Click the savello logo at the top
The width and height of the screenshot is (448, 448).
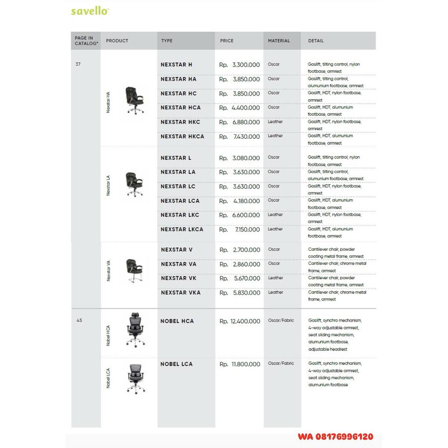[x=90, y=11]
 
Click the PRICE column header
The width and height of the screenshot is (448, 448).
[x=227, y=41]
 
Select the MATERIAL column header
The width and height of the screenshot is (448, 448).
[x=279, y=41]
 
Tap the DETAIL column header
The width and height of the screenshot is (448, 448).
[x=316, y=41]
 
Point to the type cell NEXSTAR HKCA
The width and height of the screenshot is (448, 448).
[x=182, y=136]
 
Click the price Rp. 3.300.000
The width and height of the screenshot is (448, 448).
[x=240, y=65]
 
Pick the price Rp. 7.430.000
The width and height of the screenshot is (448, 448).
[x=240, y=136]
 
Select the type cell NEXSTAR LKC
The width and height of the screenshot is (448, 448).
[x=180, y=215]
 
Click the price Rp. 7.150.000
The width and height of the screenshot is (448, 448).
[x=240, y=229]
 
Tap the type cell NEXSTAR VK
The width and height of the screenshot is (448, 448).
[x=179, y=279]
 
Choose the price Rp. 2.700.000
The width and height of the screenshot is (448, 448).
[x=240, y=250]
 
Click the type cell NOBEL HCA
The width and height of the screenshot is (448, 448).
[x=177, y=321]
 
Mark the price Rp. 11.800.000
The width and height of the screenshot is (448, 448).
[x=240, y=364]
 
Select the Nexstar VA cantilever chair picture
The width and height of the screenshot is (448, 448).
[x=133, y=271]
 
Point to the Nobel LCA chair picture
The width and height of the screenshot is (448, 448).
[x=134, y=378]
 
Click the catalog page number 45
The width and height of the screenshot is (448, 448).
[x=79, y=321]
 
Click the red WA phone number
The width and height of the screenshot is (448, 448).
[x=335, y=437]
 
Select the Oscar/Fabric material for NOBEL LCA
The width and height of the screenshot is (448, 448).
[x=281, y=363]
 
